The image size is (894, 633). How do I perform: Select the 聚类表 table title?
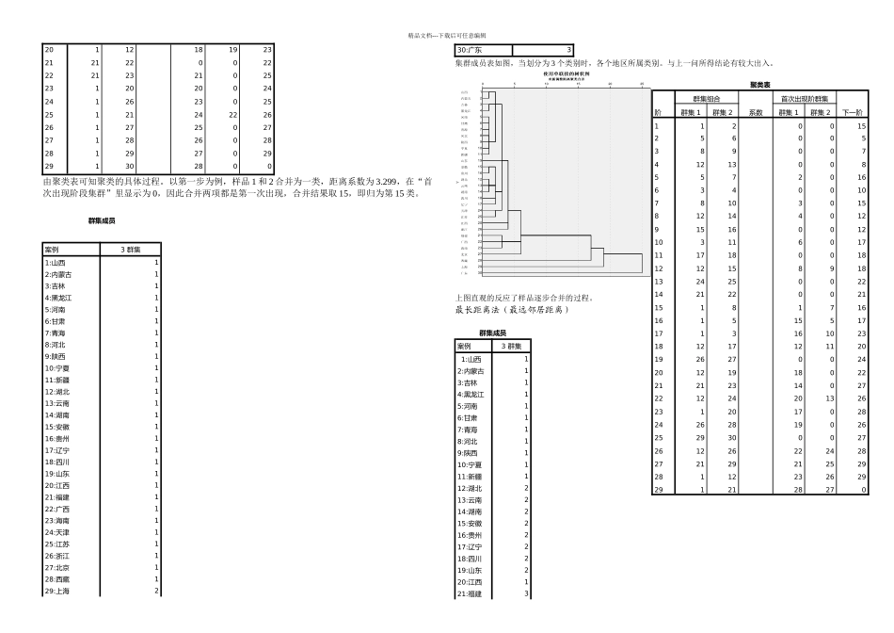pyautogui.click(x=760, y=85)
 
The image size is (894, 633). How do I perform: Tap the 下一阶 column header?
pyautogui.click(x=854, y=112)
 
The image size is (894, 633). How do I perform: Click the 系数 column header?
pyautogui.click(x=755, y=112)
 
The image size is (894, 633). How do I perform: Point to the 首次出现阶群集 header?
pyautogui.click(x=805, y=99)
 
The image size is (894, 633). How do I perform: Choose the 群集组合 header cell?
pyautogui.click(x=706, y=99)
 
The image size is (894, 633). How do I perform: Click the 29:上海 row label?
pyautogui.click(x=57, y=592)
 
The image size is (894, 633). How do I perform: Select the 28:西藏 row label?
pyautogui.click(x=57, y=580)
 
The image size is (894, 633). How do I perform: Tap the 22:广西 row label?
pyautogui.click(x=57, y=509)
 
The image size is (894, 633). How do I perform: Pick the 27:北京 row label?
pyautogui.click(x=57, y=568)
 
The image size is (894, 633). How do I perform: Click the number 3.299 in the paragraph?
pyautogui.click(x=377, y=180)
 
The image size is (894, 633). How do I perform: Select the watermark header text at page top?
pyautogui.click(x=446, y=35)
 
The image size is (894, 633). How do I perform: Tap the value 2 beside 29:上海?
pyautogui.click(x=155, y=592)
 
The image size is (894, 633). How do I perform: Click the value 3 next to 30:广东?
pyautogui.click(x=569, y=50)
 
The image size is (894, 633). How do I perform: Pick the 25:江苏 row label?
pyautogui.click(x=57, y=544)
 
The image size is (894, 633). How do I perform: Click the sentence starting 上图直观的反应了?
pyautogui.click(x=525, y=298)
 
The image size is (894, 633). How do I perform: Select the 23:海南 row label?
pyautogui.click(x=57, y=521)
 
